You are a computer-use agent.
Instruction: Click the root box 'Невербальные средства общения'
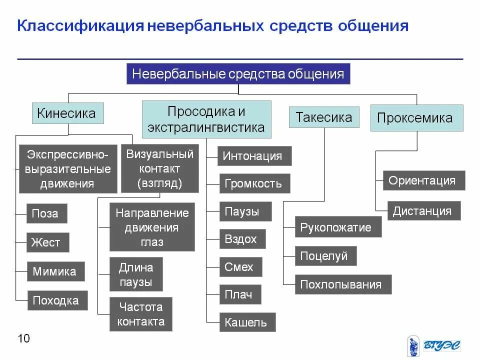238,74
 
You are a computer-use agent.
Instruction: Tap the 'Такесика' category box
324,117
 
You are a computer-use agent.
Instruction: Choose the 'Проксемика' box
416,118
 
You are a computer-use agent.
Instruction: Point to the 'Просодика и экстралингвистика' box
206,119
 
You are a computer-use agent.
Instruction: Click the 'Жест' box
47,242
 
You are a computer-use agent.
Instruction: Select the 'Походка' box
57,300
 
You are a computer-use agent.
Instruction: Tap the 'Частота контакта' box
140,313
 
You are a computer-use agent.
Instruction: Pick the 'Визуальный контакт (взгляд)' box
160,168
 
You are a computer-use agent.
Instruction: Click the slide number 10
23,338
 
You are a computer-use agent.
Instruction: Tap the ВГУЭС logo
433,345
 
